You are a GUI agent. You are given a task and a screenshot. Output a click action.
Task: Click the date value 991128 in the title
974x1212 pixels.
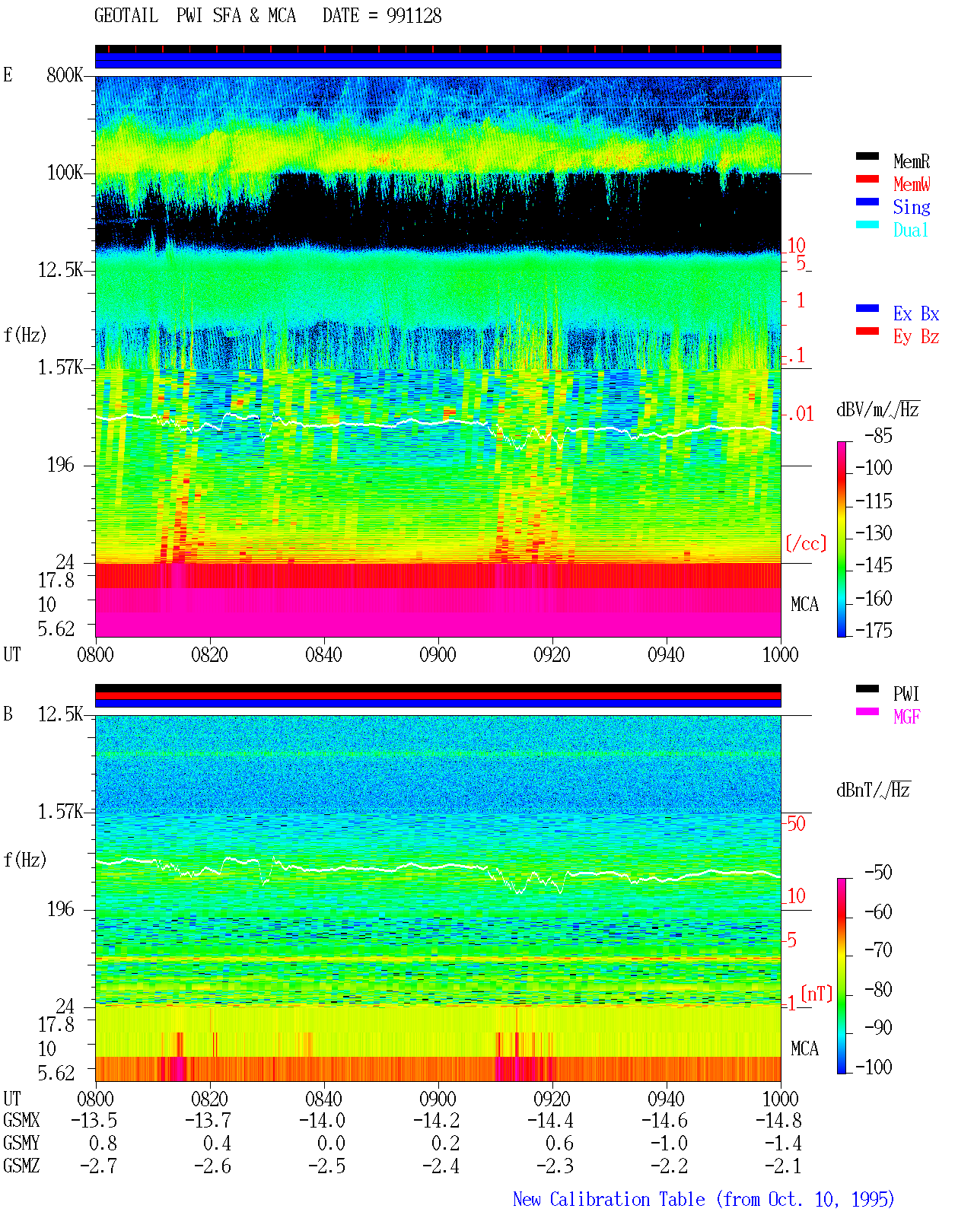[414, 16]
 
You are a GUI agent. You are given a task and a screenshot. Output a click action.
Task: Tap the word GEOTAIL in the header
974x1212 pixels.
[126, 16]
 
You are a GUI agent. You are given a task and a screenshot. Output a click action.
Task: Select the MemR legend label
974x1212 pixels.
[912, 161]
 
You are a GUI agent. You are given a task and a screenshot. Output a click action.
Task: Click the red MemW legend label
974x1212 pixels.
[912, 184]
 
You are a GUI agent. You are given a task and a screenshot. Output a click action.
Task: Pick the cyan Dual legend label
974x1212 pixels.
[911, 230]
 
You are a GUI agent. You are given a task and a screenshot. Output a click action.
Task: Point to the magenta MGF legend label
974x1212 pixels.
[906, 717]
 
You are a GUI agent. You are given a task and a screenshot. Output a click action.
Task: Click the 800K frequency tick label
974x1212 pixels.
[64, 75]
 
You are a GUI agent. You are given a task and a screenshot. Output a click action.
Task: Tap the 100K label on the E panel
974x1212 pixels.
[64, 173]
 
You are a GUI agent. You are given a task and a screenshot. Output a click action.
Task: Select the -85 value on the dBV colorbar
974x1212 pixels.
[878, 435]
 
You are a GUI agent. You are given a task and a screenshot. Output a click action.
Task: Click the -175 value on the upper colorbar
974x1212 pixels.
[874, 630]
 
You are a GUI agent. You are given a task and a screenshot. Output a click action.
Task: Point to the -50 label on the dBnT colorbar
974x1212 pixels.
[878, 872]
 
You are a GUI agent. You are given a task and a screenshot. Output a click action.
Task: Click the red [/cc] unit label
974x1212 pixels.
[806, 543]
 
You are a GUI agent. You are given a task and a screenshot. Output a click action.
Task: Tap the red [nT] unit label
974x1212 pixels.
[816, 994]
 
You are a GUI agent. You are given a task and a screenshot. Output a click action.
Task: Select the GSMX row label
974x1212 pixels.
[21, 1120]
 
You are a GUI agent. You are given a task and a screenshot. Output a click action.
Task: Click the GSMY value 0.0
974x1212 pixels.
[331, 1143]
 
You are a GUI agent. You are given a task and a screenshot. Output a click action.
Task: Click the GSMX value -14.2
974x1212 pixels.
[437, 1120]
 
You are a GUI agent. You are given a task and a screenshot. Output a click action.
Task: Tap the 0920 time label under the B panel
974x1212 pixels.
[552, 1099]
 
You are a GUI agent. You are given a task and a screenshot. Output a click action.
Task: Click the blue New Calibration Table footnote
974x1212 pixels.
[704, 1199]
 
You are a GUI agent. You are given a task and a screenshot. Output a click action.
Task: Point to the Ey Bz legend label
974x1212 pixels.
[916, 336]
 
